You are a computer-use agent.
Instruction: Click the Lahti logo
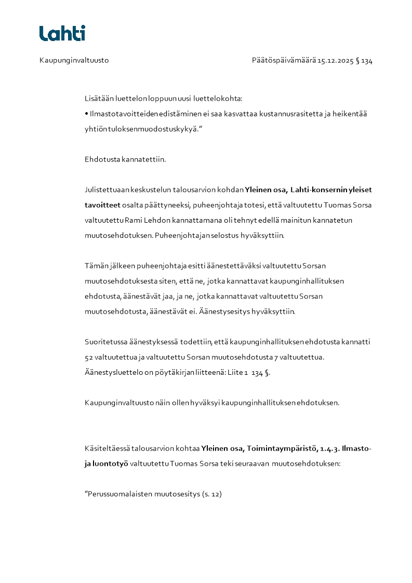coord(62,33)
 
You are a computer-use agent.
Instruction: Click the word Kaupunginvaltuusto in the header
coord(74,60)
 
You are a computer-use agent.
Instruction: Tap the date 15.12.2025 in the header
coord(336,60)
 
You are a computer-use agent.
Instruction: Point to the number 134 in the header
coord(367,60)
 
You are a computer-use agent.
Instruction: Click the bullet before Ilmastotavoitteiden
coord(86,113)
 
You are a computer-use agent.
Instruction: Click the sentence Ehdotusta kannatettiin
coord(125,159)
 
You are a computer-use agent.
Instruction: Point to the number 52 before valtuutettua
coord(89,357)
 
